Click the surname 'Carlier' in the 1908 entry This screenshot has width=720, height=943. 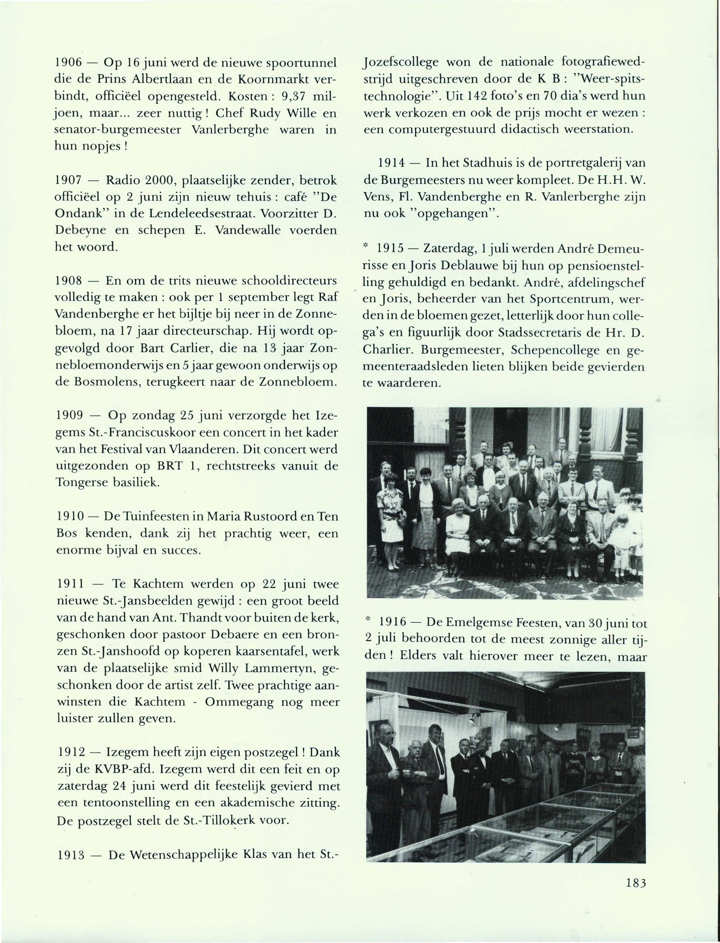point(189,348)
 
